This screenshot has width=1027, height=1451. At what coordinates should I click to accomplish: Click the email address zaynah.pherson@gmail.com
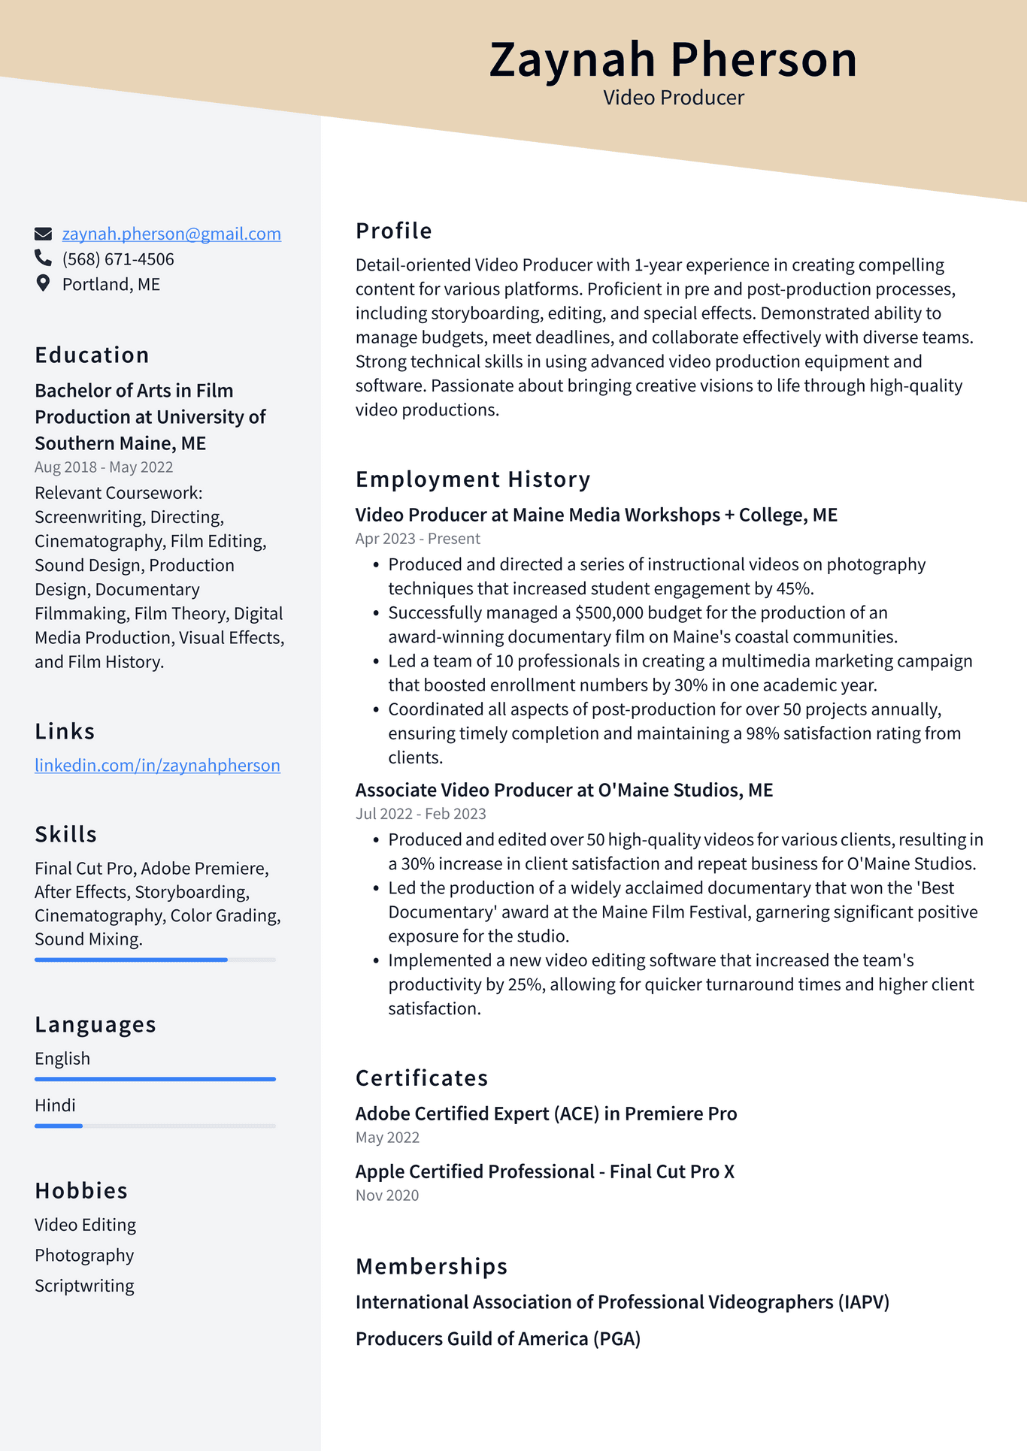click(x=171, y=234)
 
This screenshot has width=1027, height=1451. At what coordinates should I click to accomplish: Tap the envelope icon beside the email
click(x=44, y=234)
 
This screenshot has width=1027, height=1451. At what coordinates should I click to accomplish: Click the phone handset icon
click(x=43, y=258)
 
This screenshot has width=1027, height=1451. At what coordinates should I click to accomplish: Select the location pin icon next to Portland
click(x=44, y=283)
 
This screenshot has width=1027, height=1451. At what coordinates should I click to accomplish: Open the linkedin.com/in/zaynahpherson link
click(x=157, y=765)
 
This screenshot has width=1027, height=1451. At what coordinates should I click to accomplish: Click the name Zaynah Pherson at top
click(x=673, y=59)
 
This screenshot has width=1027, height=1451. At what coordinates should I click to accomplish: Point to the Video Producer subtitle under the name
click(x=673, y=98)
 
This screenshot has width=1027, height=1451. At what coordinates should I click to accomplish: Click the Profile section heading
click(x=393, y=231)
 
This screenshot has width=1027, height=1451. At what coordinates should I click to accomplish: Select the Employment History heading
click(x=473, y=479)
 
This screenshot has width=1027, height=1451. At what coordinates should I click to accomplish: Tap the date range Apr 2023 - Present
click(x=417, y=539)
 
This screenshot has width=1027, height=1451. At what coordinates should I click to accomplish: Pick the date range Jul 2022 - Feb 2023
click(x=420, y=814)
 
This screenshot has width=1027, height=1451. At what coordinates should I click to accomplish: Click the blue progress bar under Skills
click(x=131, y=960)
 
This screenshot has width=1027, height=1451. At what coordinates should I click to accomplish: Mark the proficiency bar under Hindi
click(x=59, y=1126)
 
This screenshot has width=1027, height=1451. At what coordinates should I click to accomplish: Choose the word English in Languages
click(x=62, y=1059)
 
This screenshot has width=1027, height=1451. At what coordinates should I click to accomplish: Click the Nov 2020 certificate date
click(x=386, y=1196)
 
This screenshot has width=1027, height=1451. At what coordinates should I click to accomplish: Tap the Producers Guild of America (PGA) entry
click(x=498, y=1339)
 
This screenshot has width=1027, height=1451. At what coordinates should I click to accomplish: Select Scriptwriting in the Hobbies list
click(x=84, y=1286)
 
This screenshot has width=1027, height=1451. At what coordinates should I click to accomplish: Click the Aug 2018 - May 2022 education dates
click(x=104, y=467)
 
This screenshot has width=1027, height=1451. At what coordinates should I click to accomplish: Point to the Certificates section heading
click(x=422, y=1078)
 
